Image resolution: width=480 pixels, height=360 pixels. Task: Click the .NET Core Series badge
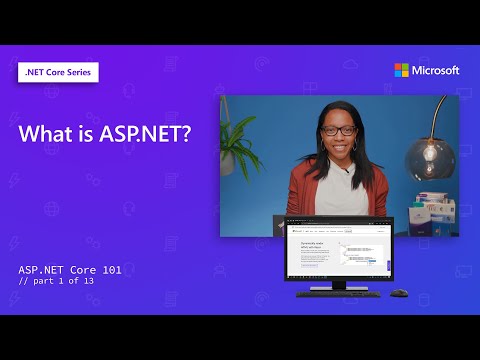pyautogui.click(x=58, y=72)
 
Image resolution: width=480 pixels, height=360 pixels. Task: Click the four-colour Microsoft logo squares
pyautogui.click(x=401, y=70)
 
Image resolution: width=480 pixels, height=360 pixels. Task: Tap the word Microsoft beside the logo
pyautogui.click(x=435, y=70)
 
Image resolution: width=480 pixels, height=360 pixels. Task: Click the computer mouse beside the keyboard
pyautogui.click(x=398, y=293)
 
